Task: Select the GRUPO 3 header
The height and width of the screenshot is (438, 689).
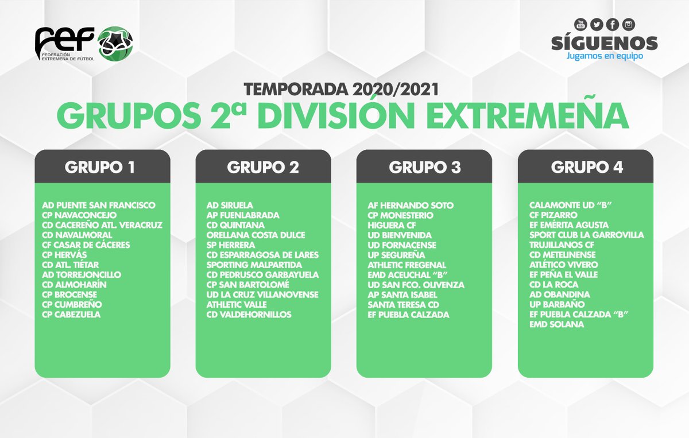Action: tap(424, 167)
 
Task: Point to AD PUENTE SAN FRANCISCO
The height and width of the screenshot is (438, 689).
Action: tap(99, 205)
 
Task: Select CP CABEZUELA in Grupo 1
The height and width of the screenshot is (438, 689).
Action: tap(71, 315)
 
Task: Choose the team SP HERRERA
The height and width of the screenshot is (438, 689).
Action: tap(231, 245)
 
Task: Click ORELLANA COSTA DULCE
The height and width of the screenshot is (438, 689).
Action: tap(256, 235)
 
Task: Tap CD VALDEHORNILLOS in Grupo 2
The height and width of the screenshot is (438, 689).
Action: tap(249, 315)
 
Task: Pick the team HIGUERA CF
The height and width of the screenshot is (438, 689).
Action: tap(392, 225)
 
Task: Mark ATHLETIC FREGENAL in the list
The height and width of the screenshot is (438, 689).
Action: tap(407, 265)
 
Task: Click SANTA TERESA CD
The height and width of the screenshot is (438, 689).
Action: tap(404, 305)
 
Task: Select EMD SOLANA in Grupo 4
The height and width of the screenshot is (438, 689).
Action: tap(556, 324)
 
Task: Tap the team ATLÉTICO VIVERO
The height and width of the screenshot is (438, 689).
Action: tap(563, 265)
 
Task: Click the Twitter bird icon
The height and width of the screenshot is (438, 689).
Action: tap(597, 24)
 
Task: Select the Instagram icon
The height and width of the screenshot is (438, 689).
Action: tap(629, 24)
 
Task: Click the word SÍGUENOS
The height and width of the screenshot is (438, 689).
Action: tap(605, 43)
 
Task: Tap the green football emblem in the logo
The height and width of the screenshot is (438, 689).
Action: tap(115, 42)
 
